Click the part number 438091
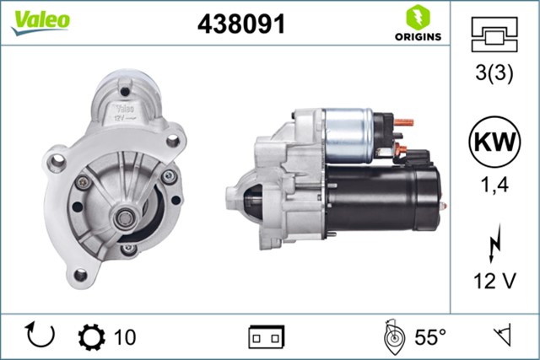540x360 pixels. (240, 24)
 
